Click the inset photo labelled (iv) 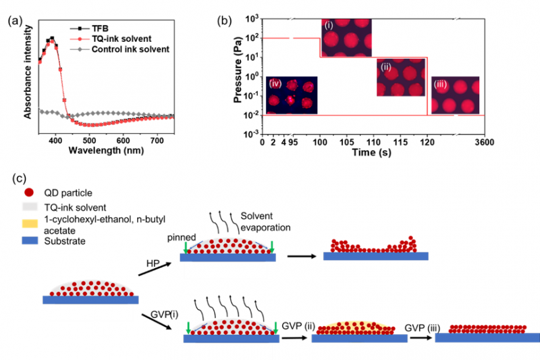pos(292,94)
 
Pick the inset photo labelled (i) pos(346,38)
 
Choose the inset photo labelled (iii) pos(455,95)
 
